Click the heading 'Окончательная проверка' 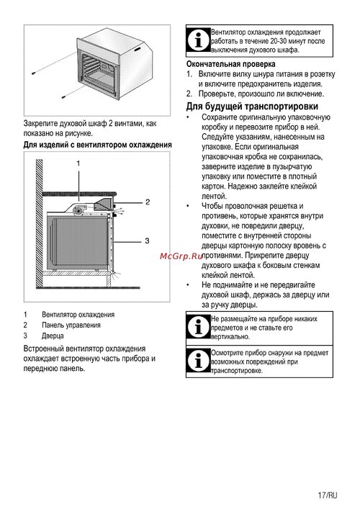230,64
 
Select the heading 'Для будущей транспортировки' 252,107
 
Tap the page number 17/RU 328,495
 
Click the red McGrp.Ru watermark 181,256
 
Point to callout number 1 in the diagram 78,163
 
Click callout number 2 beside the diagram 148,202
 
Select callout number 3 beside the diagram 147,241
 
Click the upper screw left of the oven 33,73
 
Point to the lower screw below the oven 64,96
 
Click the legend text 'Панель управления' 71,325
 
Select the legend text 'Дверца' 53,336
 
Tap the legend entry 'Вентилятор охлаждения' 78,315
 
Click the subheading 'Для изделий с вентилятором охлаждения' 98,145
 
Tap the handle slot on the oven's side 138,50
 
